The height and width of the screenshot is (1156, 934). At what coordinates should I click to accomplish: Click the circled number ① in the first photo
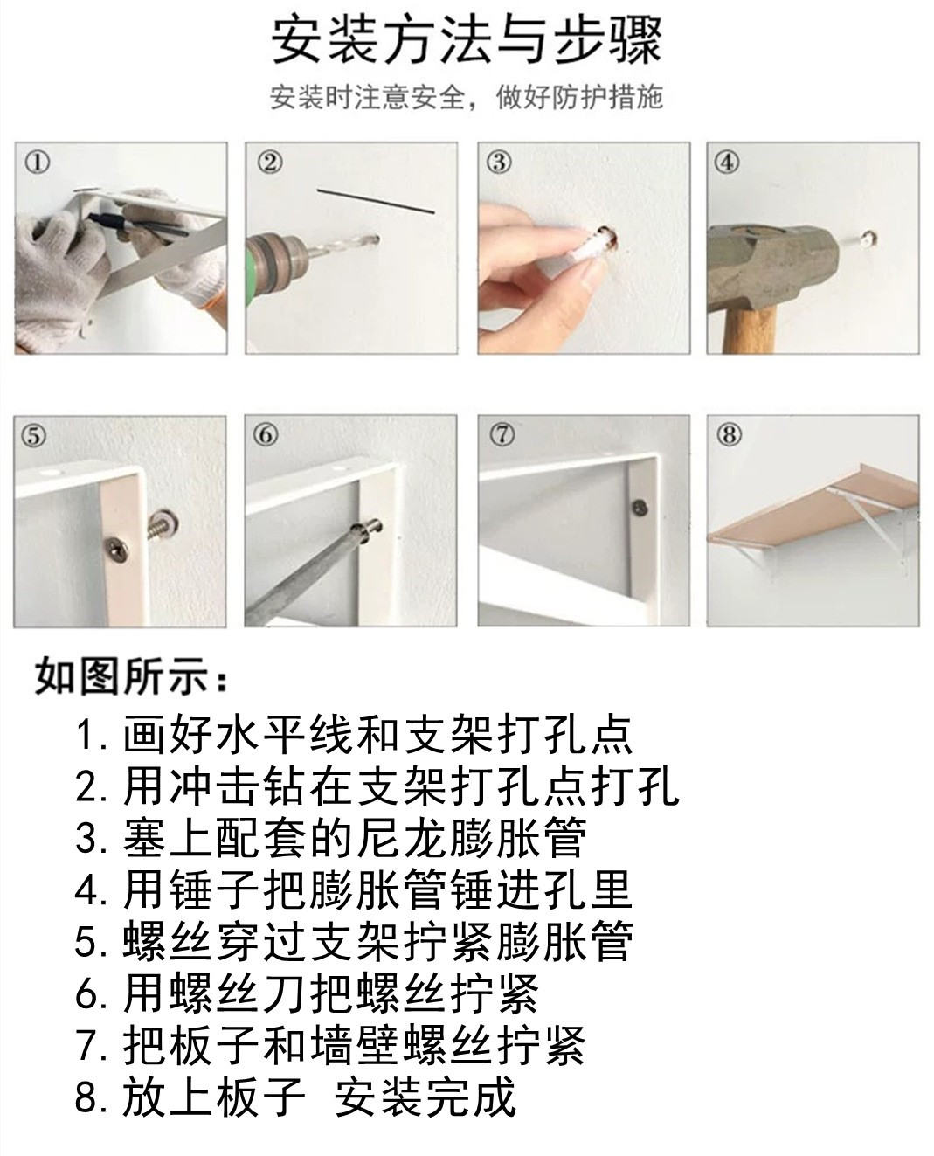pos(38,163)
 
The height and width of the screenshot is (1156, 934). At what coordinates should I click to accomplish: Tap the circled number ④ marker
pos(727,163)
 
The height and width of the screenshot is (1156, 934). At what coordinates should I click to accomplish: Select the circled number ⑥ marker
pos(266,435)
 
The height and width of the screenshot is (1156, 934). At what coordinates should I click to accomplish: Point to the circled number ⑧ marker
pos(729,435)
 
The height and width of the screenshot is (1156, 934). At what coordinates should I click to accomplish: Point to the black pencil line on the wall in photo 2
pos(376,201)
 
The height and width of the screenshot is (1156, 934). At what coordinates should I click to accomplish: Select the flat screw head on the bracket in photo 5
pos(117,545)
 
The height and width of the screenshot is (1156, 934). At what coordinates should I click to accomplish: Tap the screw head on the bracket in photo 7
pos(640,508)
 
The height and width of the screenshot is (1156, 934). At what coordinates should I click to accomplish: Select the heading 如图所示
pos(131,677)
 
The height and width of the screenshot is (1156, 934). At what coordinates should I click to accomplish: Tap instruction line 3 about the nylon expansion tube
pos(330,837)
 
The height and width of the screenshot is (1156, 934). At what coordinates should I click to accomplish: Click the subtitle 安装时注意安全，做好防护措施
pos(467,97)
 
